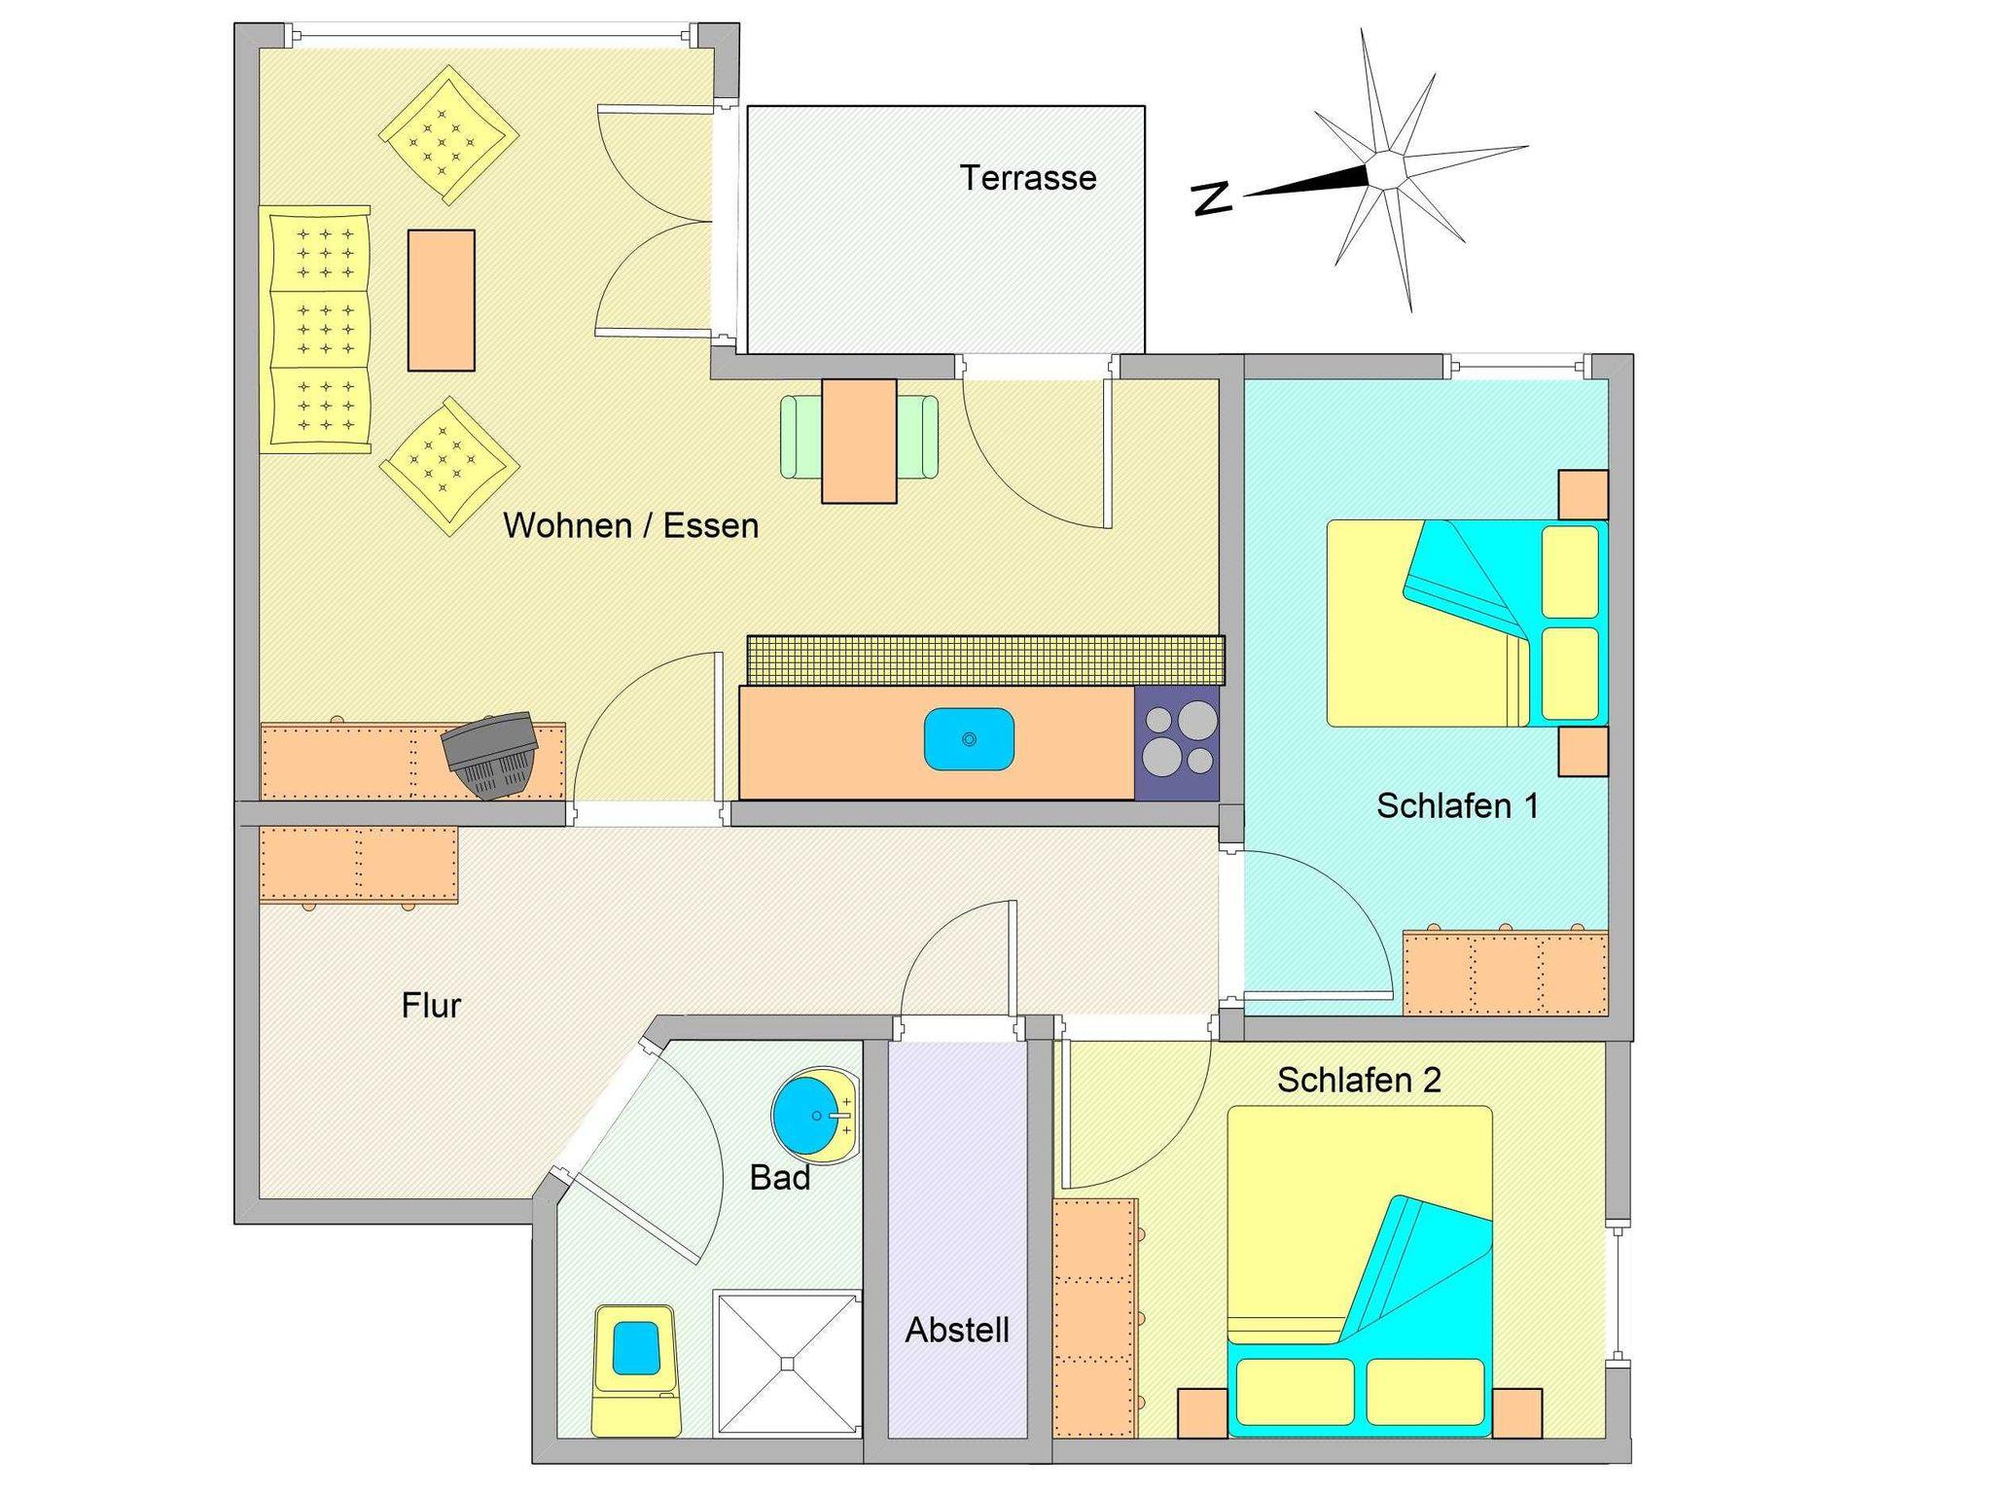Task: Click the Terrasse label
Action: pos(1028,178)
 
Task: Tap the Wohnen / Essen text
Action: pos(630,525)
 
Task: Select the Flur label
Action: pos(431,1005)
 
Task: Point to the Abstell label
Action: pos(957,1330)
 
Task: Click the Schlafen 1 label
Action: pos(1457,805)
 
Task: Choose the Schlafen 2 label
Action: pos(1359,1080)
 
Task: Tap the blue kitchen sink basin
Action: pos(969,739)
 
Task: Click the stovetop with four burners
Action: pos(1177,743)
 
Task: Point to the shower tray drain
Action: pos(788,1364)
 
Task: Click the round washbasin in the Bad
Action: pos(815,1116)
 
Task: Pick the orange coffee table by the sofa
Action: pos(442,301)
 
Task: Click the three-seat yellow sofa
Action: pos(314,329)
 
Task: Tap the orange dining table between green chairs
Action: pos(859,441)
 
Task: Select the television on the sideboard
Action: pos(490,755)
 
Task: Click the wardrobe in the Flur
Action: pos(358,865)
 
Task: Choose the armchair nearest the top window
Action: pos(448,135)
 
